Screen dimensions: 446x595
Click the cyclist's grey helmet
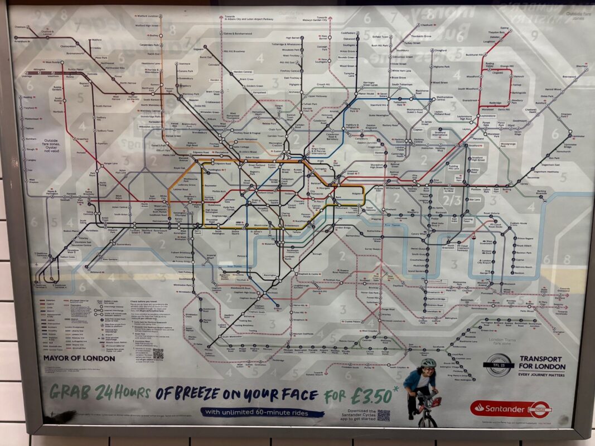428,363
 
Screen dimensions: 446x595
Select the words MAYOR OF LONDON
79,358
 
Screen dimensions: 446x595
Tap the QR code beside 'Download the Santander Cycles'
383,415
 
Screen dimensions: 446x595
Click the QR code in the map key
158,353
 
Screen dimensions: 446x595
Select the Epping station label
505,27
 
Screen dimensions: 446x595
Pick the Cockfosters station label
349,33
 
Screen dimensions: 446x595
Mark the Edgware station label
199,49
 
